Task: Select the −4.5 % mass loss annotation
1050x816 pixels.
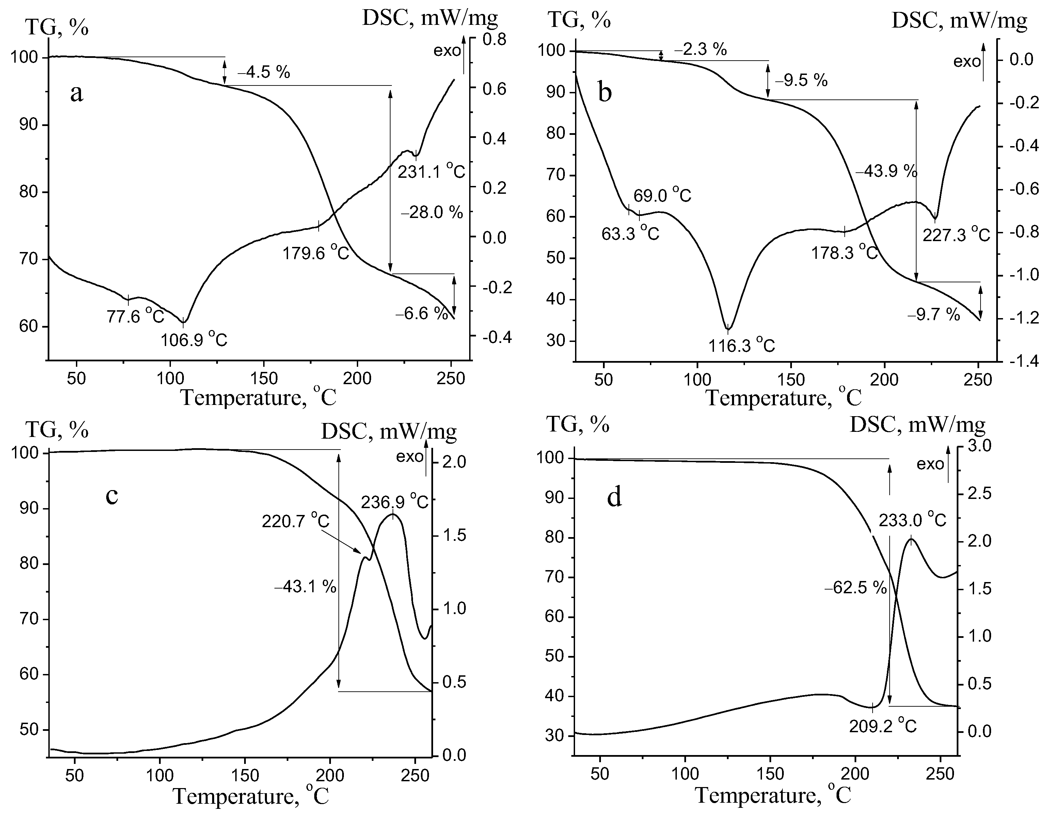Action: (x=264, y=73)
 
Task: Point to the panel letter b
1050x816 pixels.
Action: (x=605, y=92)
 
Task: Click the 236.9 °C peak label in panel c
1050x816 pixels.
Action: (x=394, y=502)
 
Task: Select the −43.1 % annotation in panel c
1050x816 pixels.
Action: (x=305, y=587)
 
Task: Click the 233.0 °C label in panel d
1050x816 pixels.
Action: (x=912, y=520)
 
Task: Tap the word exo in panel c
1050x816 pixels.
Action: (x=410, y=457)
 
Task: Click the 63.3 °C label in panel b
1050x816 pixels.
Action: (x=630, y=234)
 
